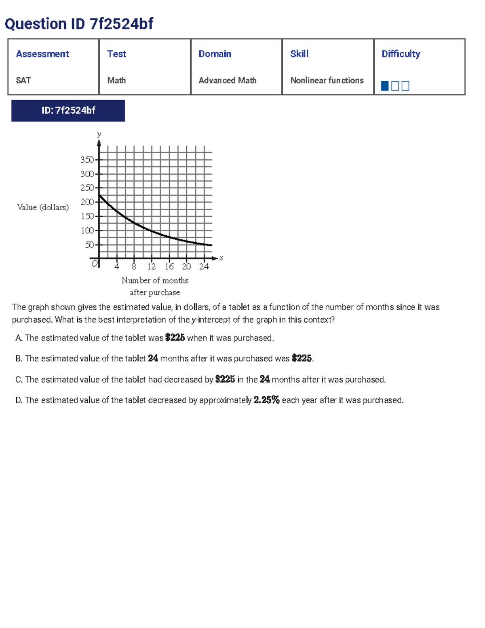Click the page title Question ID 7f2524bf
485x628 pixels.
click(79, 24)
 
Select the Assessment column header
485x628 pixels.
click(42, 54)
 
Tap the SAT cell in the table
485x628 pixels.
click(23, 80)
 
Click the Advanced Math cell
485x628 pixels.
click(227, 80)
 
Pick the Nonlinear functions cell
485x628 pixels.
click(327, 80)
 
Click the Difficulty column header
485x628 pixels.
click(401, 54)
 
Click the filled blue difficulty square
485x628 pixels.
click(385, 86)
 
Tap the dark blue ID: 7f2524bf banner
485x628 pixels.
click(68, 110)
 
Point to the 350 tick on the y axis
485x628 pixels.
click(87, 160)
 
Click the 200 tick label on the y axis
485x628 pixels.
click(87, 202)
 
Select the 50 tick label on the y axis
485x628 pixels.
click(89, 245)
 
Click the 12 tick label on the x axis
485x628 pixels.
click(152, 266)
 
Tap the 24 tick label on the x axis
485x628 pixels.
click(204, 266)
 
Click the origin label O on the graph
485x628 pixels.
click(95, 264)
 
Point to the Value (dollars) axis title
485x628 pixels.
click(43, 207)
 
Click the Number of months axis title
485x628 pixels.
click(155, 280)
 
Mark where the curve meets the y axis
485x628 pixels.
click(99, 195)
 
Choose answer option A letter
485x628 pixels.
click(18, 338)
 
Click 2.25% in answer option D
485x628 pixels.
click(266, 400)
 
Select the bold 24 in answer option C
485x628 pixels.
click(265, 379)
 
